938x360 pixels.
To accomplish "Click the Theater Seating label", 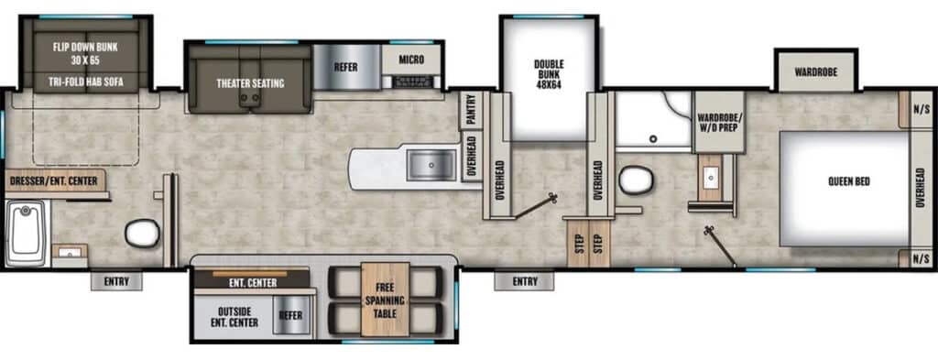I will coord(250,83).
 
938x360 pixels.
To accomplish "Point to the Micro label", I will coord(411,60).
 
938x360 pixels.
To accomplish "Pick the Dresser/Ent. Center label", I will coord(54,181).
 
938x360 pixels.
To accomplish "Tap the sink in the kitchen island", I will coord(432,166).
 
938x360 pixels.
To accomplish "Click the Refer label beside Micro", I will coord(345,66).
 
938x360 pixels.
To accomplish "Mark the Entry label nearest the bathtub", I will coord(116,281).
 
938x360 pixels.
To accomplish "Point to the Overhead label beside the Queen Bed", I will coord(920,187).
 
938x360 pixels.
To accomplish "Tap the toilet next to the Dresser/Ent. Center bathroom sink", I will coord(143,234).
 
